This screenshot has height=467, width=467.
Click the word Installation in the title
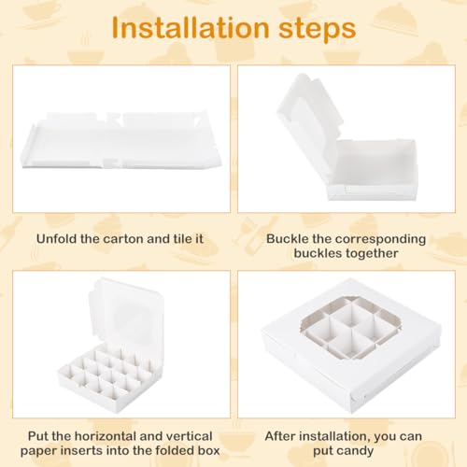[191, 28]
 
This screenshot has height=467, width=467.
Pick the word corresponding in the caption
[380, 240]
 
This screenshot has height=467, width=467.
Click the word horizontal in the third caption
[106, 436]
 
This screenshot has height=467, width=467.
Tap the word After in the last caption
[279, 436]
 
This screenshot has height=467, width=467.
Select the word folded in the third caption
[176, 450]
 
